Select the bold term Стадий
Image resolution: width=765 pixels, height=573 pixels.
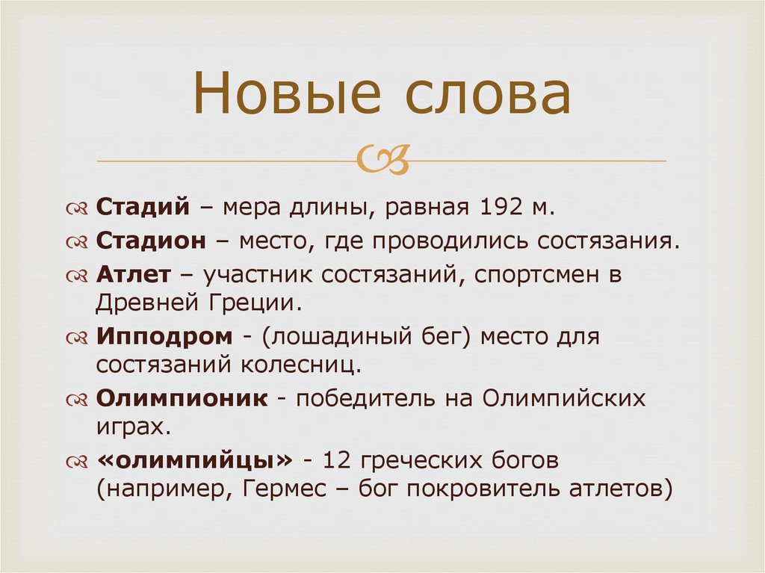pyautogui.click(x=143, y=207)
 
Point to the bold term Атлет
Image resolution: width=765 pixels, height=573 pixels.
pyautogui.click(x=133, y=275)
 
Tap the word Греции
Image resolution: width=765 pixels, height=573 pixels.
pyautogui.click(x=255, y=302)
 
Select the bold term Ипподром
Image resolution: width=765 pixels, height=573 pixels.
pyautogui.click(x=164, y=336)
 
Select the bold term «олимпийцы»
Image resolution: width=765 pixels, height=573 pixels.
pyautogui.click(x=190, y=460)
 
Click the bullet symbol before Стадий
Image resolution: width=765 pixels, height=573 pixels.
pyautogui.click(x=78, y=208)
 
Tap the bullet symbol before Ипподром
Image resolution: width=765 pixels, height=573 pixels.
pyautogui.click(x=78, y=337)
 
